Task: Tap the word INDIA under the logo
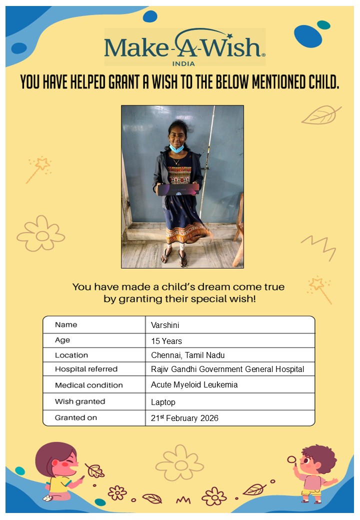pyautogui.click(x=183, y=63)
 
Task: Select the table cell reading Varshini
pyautogui.click(x=165, y=325)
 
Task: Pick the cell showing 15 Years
pyautogui.click(x=166, y=341)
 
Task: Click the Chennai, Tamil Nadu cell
pyautogui.click(x=188, y=355)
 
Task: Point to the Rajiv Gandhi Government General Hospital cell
pyautogui.click(x=227, y=369)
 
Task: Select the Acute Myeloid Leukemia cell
pyautogui.click(x=194, y=385)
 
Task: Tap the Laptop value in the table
pyautogui.click(x=163, y=402)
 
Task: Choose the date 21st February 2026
pyautogui.click(x=184, y=418)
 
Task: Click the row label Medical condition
pyautogui.click(x=88, y=385)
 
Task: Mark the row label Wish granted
pyautogui.click(x=80, y=401)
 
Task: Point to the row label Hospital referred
pyautogui.click(x=86, y=369)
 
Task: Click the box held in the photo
pyautogui.click(x=178, y=189)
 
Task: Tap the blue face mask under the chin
pyautogui.click(x=176, y=148)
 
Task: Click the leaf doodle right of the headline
pyautogui.click(x=320, y=115)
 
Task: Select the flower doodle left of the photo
pyautogui.click(x=41, y=234)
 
